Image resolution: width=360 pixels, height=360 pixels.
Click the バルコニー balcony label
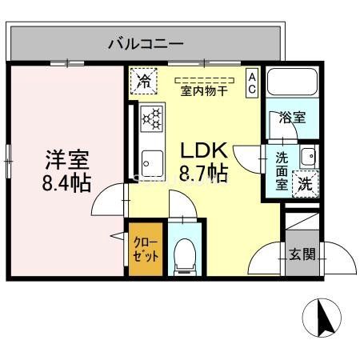click(x=146, y=43)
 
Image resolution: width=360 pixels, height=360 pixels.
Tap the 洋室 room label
click(x=65, y=158)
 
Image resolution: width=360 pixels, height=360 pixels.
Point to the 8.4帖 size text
click(x=66, y=182)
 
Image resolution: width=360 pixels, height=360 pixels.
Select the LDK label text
click(x=203, y=150)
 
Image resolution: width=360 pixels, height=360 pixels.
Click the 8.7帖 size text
click(x=203, y=173)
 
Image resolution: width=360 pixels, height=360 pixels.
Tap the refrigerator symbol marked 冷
click(x=144, y=80)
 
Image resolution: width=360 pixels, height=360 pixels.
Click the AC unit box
click(x=251, y=82)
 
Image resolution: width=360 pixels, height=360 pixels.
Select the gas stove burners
click(x=151, y=118)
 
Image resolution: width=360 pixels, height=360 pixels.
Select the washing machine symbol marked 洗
click(x=305, y=182)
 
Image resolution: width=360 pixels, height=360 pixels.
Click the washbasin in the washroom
click(x=307, y=155)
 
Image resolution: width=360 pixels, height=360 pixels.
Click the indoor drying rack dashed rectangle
click(x=203, y=79)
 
